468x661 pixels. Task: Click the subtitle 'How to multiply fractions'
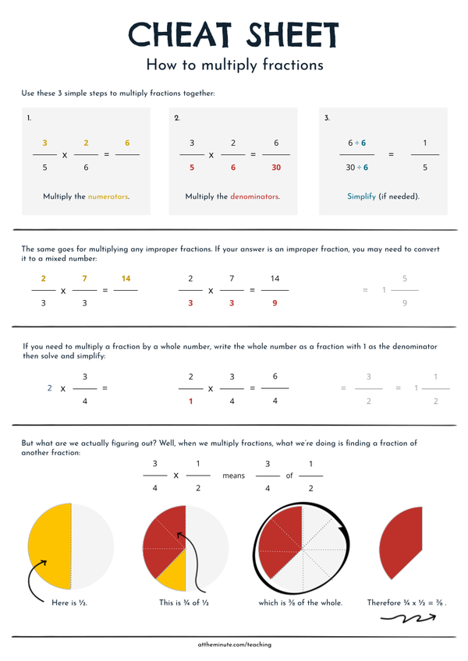pos(234,65)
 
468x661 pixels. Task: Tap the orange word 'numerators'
pos(108,197)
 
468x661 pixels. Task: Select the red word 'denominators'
pos(253,197)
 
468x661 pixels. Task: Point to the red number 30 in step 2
pos(276,167)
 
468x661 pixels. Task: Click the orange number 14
pos(126,278)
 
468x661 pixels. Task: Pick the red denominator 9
pos(275,302)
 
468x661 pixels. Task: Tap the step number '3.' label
pos(327,118)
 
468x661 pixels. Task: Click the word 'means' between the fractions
pos(233,475)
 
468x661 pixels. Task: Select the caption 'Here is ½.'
pos(69,603)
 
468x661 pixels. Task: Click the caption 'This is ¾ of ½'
pos(184,603)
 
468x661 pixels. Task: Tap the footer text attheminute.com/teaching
pos(234,645)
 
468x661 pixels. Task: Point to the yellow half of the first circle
pos(50,546)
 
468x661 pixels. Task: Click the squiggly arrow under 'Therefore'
pos(408,620)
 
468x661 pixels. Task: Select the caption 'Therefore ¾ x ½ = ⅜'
pos(407,603)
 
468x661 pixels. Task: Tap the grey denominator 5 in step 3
pos(425,167)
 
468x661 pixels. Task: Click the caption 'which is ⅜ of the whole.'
pos(300,603)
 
